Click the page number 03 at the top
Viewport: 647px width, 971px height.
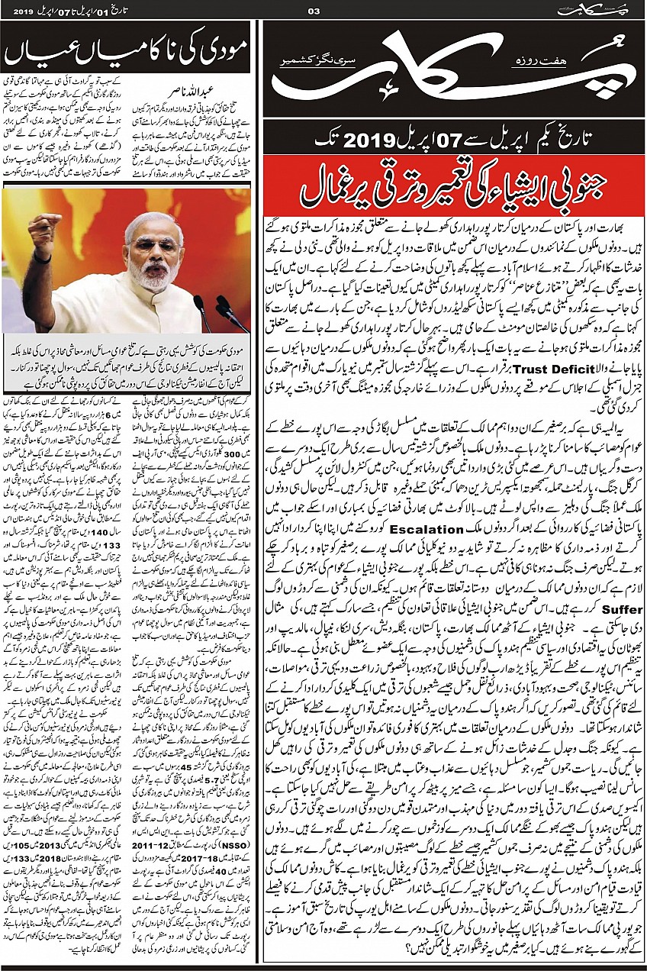[312, 10]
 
